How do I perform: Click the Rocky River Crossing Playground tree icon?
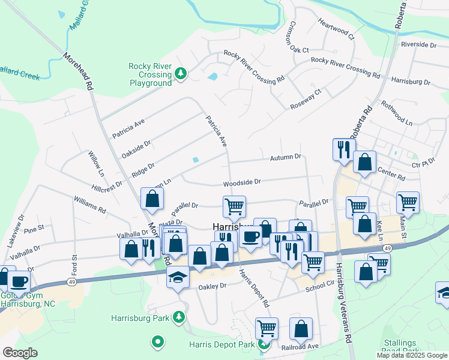(179, 74)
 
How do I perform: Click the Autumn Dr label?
(285, 157)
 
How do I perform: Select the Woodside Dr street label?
(242, 181)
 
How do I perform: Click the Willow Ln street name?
(96, 163)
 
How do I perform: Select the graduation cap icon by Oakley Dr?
(177, 277)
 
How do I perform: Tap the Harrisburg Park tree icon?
(178, 316)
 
